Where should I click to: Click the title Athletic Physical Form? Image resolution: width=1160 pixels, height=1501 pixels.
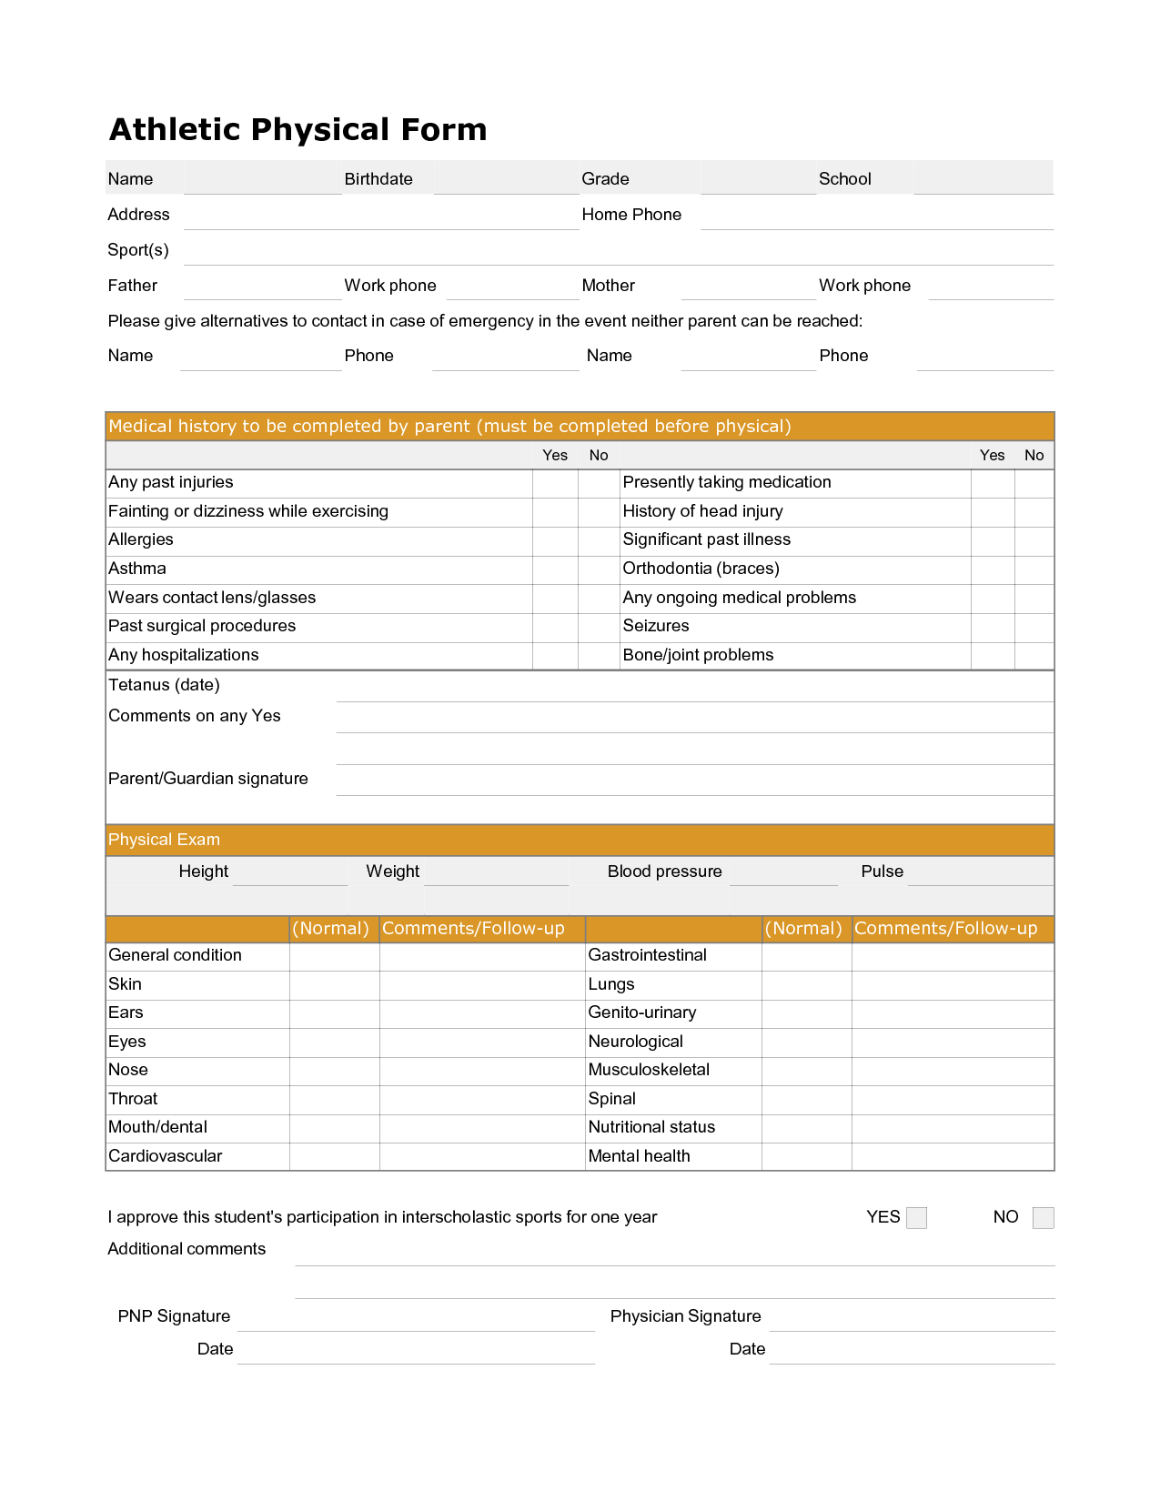(x=298, y=130)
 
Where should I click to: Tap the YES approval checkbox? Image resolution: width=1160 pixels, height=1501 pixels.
(x=917, y=1218)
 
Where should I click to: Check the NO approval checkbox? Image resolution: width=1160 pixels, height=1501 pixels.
(x=1044, y=1218)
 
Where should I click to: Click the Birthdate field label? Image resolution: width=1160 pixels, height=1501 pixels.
(x=378, y=179)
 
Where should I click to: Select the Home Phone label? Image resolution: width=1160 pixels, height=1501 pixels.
(x=631, y=215)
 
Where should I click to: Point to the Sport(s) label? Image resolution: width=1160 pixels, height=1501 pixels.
(x=138, y=250)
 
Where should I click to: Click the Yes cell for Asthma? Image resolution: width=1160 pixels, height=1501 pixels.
(x=555, y=569)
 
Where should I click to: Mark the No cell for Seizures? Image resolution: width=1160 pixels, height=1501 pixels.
(x=1034, y=627)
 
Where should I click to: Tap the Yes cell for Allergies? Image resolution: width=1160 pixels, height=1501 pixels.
(x=555, y=540)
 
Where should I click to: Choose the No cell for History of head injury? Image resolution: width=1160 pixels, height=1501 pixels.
(x=1034, y=512)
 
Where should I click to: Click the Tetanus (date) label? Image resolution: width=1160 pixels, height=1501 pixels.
(x=164, y=685)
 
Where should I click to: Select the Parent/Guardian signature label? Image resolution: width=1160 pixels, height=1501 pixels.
(x=208, y=779)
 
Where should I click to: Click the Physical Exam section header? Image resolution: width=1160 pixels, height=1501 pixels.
(x=165, y=840)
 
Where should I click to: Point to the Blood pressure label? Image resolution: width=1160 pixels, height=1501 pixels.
(x=664, y=871)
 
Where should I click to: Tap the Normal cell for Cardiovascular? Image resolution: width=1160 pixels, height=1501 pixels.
(x=334, y=1156)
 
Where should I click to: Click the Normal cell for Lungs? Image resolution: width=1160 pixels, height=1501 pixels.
(x=806, y=984)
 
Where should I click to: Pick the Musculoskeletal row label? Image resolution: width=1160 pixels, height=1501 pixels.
(x=649, y=1070)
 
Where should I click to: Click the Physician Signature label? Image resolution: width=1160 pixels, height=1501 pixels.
(x=685, y=1316)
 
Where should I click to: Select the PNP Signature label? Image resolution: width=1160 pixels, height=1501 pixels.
(x=174, y=1316)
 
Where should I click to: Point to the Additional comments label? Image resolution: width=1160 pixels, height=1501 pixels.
(x=187, y=1249)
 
